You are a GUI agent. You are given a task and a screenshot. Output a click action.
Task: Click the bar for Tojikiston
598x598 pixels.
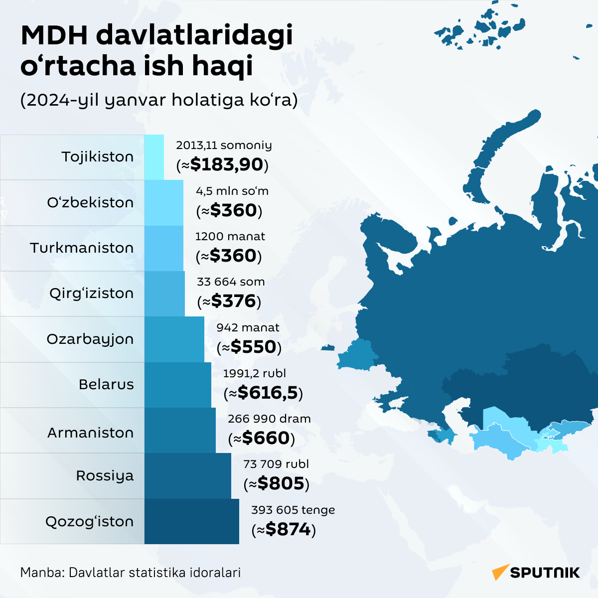tap(154, 157)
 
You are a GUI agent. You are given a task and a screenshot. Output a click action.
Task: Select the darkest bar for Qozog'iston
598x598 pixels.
tap(192, 521)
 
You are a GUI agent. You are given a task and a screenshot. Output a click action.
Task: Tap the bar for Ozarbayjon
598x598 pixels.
tap(174, 339)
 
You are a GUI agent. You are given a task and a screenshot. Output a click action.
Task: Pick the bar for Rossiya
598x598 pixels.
tap(188, 476)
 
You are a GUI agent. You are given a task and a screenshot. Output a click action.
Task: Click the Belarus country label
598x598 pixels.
tap(106, 385)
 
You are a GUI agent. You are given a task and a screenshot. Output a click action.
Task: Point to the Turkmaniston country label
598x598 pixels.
tap(82, 248)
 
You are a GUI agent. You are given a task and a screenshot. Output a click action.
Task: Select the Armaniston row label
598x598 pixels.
tap(90, 433)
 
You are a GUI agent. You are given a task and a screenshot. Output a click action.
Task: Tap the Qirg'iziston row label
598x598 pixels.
tap(91, 294)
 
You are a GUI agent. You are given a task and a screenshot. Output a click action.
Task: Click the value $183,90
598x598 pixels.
tap(223, 165)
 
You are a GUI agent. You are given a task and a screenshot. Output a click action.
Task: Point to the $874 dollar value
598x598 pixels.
tap(284, 529)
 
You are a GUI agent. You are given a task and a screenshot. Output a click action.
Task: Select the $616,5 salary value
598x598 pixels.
tap(263, 393)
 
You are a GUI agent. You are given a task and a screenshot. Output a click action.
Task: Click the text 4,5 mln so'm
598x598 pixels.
tap(232, 191)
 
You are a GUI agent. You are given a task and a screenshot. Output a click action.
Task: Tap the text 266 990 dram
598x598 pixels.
tap(269, 419)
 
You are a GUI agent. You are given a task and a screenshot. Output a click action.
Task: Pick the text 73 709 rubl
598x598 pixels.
tap(276, 464)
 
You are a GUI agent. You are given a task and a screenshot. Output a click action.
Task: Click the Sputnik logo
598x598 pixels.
tap(536, 572)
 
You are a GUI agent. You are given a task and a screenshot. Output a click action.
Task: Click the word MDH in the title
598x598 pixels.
tap(54, 36)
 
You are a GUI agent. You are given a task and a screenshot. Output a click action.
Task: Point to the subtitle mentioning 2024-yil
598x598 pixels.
tap(159, 100)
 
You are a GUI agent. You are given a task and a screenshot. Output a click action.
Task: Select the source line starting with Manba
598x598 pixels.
tap(131, 573)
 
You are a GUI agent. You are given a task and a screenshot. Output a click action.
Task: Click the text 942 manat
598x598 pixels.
tap(248, 328)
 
